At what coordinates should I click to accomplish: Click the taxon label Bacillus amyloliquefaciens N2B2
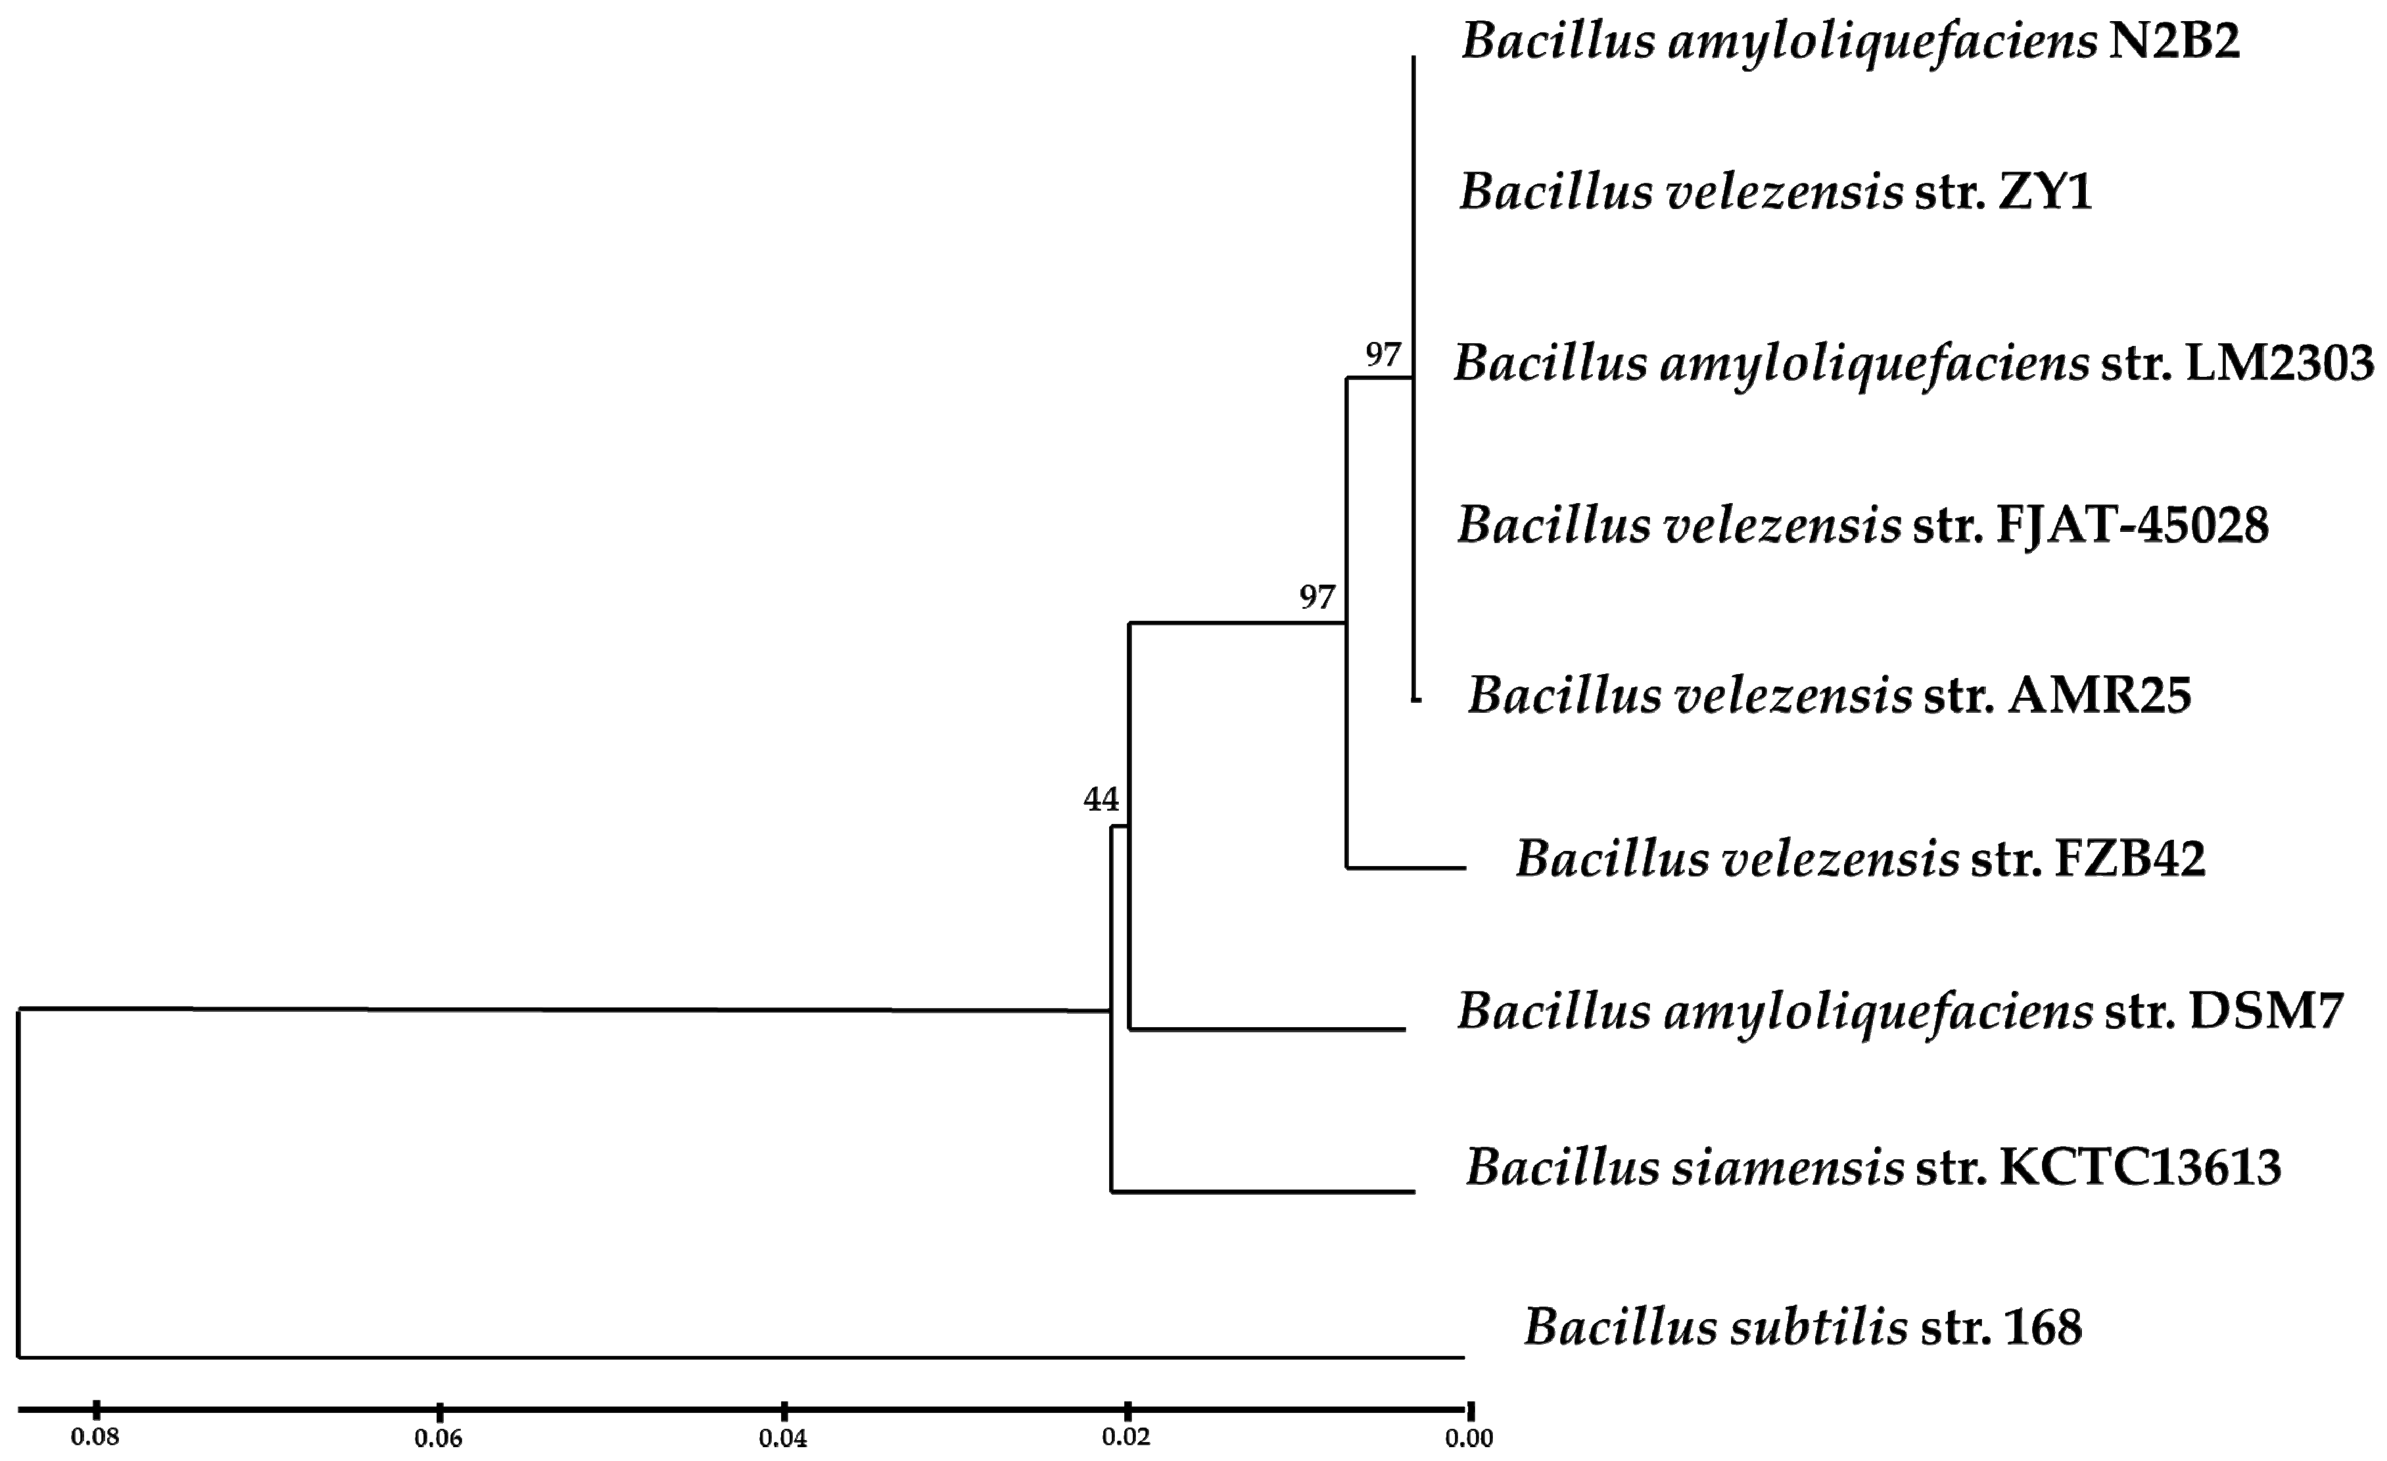[x=1851, y=43]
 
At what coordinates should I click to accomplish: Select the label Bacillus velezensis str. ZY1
[x=1776, y=193]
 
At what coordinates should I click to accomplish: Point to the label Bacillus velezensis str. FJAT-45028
[x=1862, y=526]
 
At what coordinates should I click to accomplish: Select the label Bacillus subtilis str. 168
[x=1802, y=1328]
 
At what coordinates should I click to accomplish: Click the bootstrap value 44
[x=1100, y=800]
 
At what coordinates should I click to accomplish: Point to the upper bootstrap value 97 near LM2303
[x=1383, y=356]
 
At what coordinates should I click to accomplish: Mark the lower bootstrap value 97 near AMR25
[x=1317, y=598]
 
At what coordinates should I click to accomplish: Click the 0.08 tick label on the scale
[x=95, y=1438]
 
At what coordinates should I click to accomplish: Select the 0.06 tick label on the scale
[x=439, y=1439]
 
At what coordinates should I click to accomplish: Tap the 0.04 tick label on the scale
[x=783, y=1439]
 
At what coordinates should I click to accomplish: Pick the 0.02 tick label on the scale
[x=1125, y=1438]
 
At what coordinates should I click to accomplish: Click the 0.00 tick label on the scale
[x=1469, y=1439]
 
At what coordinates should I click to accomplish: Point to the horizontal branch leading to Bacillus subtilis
[x=736, y=1357]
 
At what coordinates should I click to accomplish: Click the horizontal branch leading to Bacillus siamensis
[x=1260, y=1191]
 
